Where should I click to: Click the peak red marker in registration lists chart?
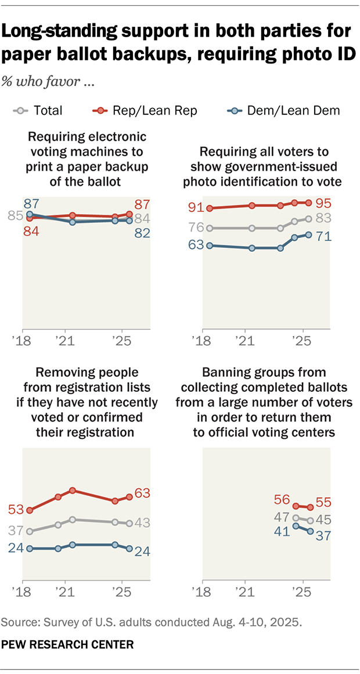click(73, 491)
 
